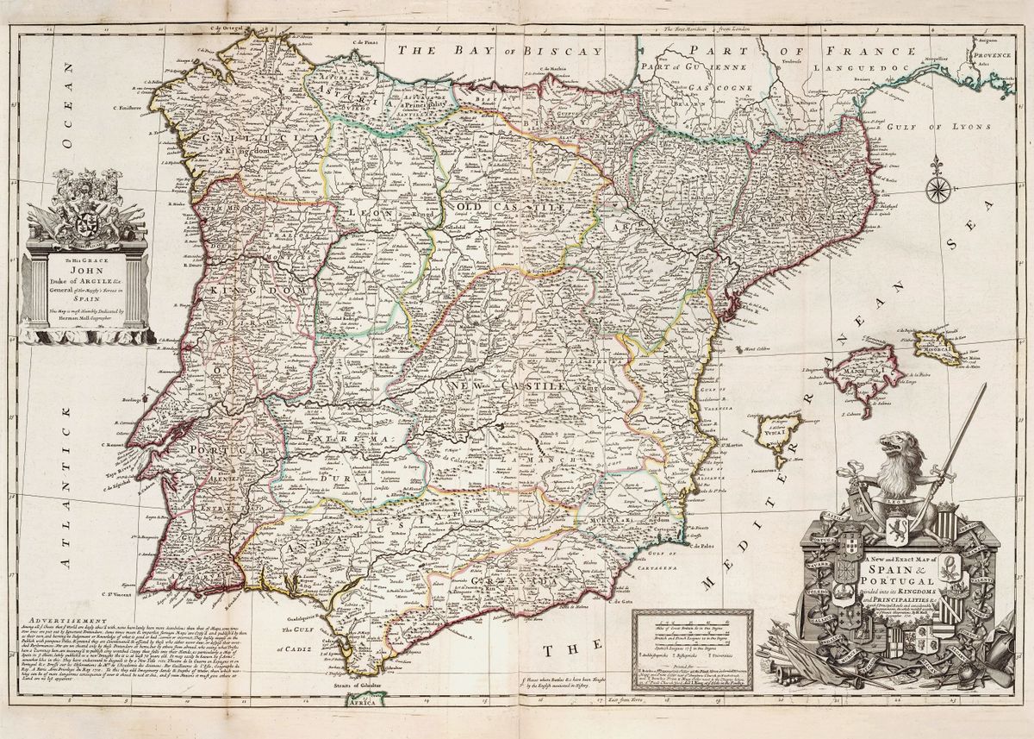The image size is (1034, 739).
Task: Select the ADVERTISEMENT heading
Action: pyautogui.click(x=68, y=621)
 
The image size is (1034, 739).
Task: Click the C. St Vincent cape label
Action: pyautogui.click(x=125, y=592)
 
